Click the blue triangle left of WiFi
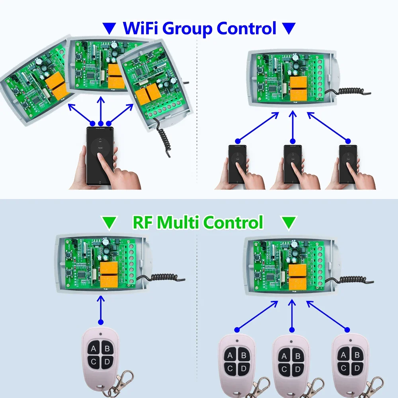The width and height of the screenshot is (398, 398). coord(109,28)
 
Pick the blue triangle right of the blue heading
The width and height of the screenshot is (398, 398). coord(289,28)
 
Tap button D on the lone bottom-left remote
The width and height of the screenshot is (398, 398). coord(106,363)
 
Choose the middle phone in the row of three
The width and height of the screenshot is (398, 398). coord(292,164)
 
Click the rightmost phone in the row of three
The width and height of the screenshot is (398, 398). coord(347,164)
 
